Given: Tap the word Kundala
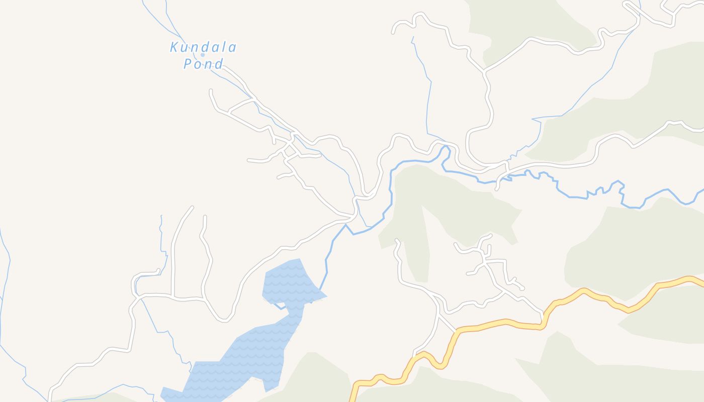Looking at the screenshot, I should click(x=203, y=48).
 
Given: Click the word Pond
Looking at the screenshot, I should click(x=203, y=64).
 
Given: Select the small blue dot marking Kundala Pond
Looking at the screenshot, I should click(x=203, y=55).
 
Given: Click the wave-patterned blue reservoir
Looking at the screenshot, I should click(x=251, y=352).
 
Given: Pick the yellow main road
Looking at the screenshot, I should click(x=503, y=323).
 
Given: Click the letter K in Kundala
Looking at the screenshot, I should click(x=174, y=48).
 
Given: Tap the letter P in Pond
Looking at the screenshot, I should click(x=188, y=64).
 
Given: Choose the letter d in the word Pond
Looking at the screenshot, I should click(x=219, y=64).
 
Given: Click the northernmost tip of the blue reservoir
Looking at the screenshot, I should click(x=300, y=259).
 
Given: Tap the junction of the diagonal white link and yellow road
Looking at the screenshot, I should click(x=457, y=332).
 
